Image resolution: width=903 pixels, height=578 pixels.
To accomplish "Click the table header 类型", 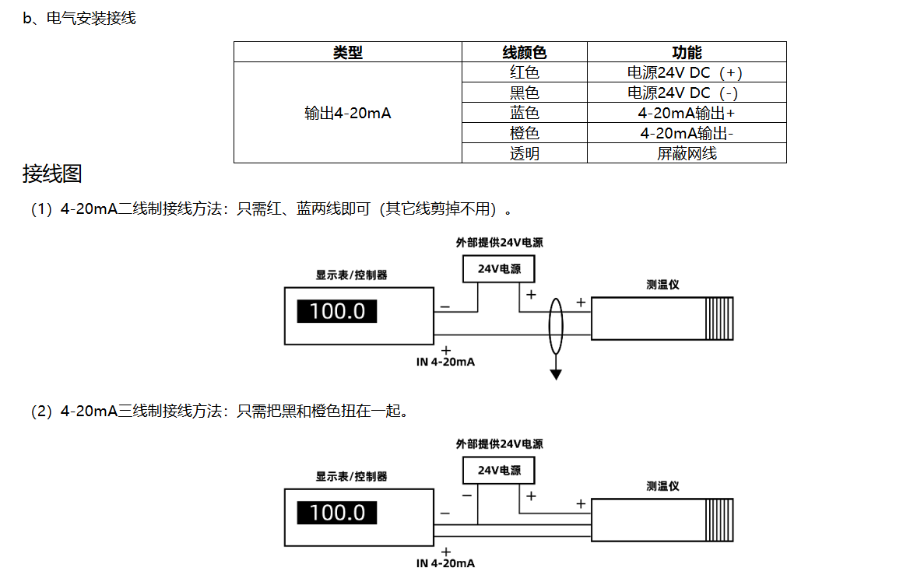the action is coord(347,52).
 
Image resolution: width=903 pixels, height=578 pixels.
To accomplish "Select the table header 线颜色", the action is coord(524,52).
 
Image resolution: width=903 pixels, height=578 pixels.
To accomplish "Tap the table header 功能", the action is coord(687,52).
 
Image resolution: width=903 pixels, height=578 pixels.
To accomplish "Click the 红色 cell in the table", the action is coord(524,72).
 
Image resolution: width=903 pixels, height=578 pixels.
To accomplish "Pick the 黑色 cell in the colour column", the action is coord(524,93).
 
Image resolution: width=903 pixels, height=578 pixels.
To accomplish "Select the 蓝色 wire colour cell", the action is coord(524,113).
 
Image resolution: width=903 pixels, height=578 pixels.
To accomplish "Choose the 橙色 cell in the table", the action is coord(524,133).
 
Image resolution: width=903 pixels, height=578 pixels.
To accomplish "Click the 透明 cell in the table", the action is coord(524,154).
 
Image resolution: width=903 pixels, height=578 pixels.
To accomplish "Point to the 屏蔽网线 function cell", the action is coord(687,154).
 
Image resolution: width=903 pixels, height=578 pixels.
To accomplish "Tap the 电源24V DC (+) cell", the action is coord(685,72).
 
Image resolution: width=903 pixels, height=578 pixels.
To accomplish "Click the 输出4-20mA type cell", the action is coord(347,113).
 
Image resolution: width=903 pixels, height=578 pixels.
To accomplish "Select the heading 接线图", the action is coord(52,173).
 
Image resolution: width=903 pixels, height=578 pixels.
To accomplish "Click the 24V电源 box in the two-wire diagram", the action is coord(499,269).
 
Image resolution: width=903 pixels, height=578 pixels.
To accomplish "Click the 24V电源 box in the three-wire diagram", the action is coord(499,471).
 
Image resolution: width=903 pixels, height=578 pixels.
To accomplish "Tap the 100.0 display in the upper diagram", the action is coord(337,311).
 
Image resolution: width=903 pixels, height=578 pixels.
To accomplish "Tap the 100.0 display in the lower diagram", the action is coord(337,513).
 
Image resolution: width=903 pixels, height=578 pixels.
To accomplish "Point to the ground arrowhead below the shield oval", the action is coord(556,375).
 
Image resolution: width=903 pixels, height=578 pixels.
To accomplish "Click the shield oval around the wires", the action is coord(550,326).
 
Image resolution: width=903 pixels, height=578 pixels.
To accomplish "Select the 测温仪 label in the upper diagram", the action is coord(662,285).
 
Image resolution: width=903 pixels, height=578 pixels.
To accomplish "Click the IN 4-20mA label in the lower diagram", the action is coord(445,563).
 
